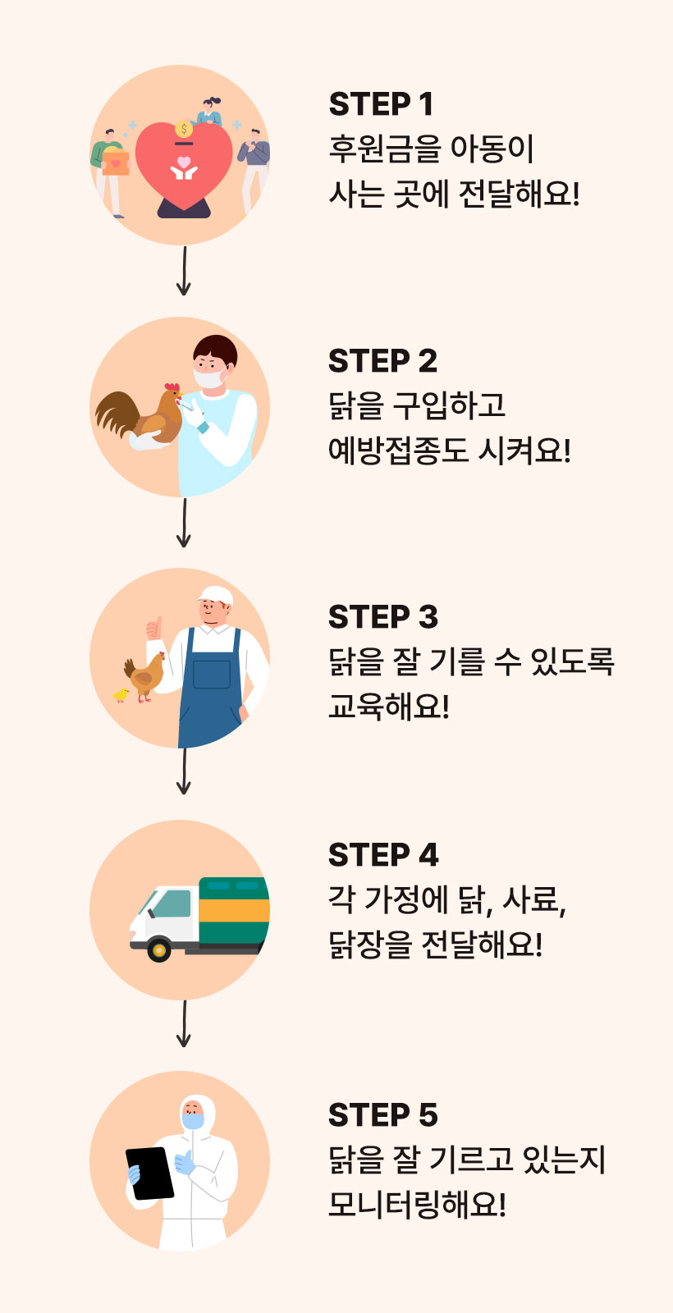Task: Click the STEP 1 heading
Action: (381, 105)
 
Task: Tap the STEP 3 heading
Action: (382, 617)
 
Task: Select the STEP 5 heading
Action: (382, 1115)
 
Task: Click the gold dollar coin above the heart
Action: (184, 130)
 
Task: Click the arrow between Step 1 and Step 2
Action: (184, 271)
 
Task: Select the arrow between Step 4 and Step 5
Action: (184, 1023)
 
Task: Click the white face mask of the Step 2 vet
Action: (209, 379)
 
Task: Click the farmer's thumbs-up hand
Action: (153, 629)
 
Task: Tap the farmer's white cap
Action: (215, 594)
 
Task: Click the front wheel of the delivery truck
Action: (158, 950)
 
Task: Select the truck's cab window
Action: (172, 904)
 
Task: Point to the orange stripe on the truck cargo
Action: (234, 910)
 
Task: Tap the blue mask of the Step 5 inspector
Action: (193, 1120)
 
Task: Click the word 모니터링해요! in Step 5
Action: (417, 1204)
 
